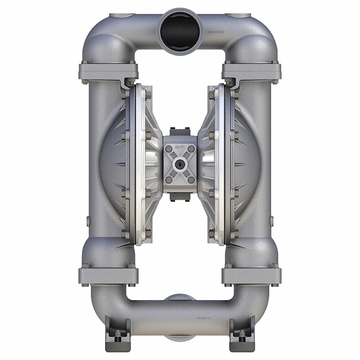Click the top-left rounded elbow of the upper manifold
(x=101, y=34)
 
